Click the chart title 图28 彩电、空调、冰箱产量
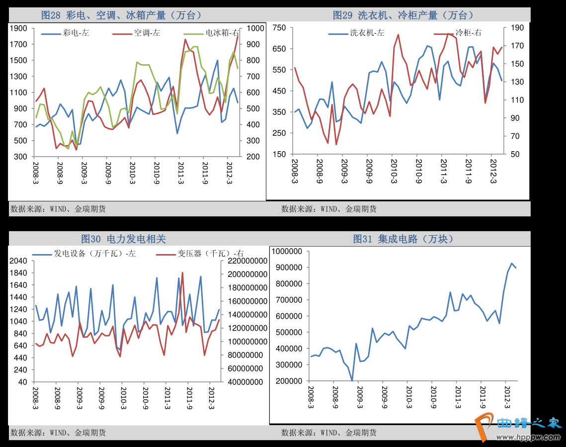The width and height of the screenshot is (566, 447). (122, 15)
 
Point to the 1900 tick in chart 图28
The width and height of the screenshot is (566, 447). (18, 28)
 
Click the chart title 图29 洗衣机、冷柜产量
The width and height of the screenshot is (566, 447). (403, 15)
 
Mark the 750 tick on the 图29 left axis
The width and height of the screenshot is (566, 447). (279, 28)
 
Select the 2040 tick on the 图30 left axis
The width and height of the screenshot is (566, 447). (18, 261)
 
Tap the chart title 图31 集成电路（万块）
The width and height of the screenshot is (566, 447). (403, 239)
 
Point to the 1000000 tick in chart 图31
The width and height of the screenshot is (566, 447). (288, 252)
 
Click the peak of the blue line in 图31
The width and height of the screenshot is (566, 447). (511, 263)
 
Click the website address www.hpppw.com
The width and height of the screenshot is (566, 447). (532, 437)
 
